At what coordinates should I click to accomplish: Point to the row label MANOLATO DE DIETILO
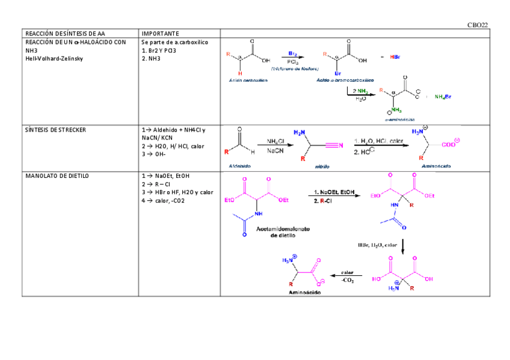click(57, 175)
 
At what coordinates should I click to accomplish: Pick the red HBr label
click(395, 57)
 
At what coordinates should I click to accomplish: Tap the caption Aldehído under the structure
click(240, 165)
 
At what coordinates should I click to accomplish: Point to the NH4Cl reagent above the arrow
click(276, 142)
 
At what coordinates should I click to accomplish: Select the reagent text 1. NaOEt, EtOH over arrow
click(334, 192)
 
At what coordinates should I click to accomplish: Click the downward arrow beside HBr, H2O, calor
click(402, 246)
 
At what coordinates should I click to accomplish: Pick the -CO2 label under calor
click(347, 281)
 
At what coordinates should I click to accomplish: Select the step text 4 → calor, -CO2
click(163, 201)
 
